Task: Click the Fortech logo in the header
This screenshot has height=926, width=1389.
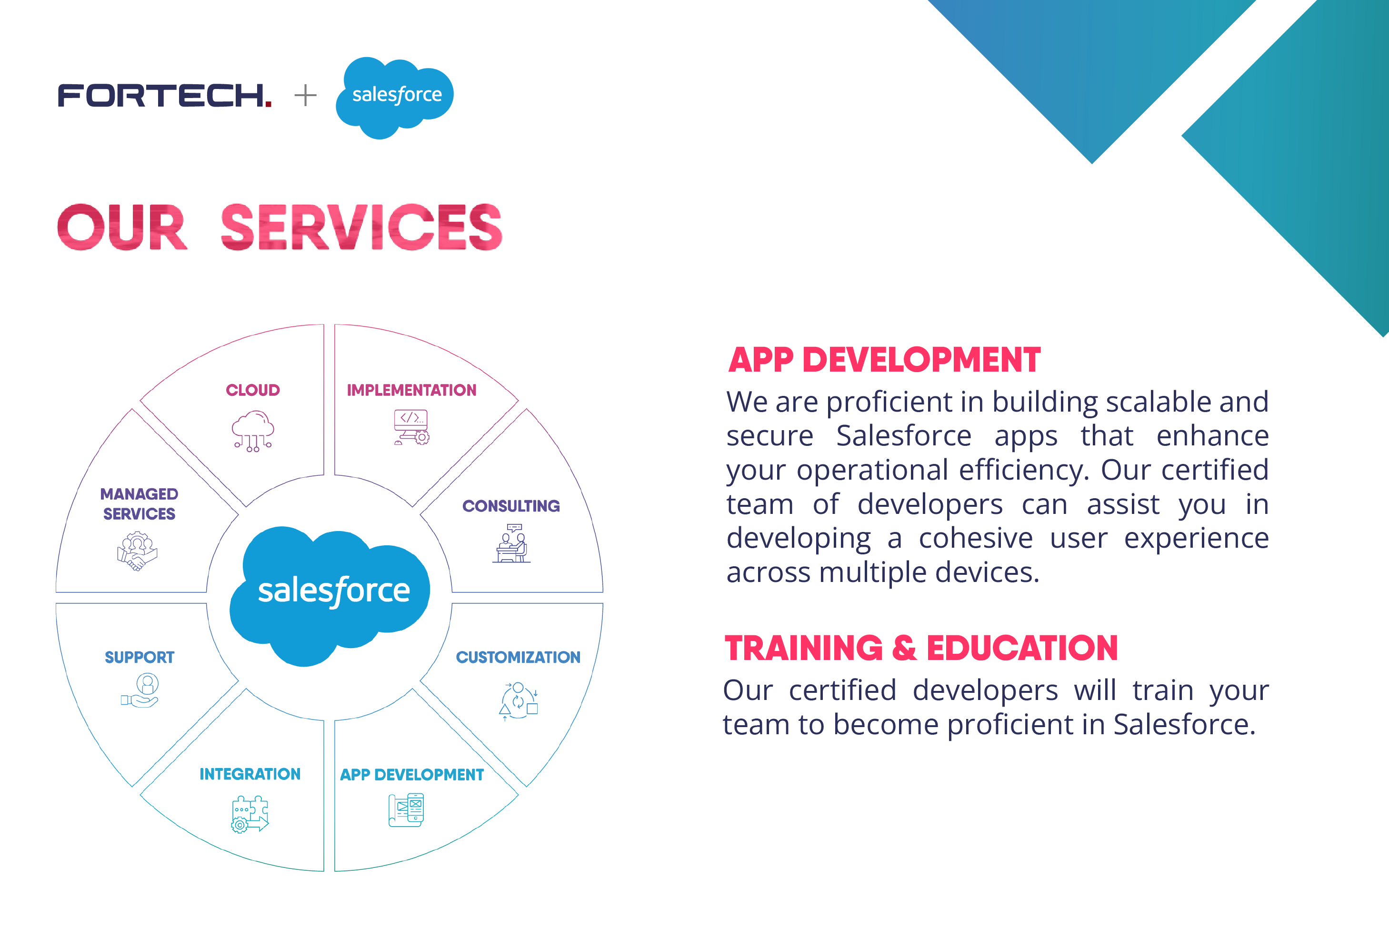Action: pyautogui.click(x=164, y=95)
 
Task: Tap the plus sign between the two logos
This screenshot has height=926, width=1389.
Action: pyautogui.click(x=305, y=95)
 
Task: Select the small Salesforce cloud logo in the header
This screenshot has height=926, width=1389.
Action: pyautogui.click(x=394, y=96)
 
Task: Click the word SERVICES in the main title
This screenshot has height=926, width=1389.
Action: pyautogui.click(x=361, y=227)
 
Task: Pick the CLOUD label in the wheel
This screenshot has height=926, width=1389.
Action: pyautogui.click(x=253, y=390)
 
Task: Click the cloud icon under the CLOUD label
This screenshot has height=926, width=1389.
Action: pyautogui.click(x=253, y=431)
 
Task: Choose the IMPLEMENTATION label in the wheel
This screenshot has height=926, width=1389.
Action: pyautogui.click(x=411, y=390)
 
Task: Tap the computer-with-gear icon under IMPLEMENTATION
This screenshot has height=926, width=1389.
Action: pyautogui.click(x=411, y=427)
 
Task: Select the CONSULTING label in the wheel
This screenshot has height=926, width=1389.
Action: pyautogui.click(x=511, y=506)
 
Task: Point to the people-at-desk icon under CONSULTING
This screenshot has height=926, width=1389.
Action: pyautogui.click(x=511, y=544)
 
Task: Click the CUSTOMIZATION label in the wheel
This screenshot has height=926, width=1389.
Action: pyautogui.click(x=518, y=657)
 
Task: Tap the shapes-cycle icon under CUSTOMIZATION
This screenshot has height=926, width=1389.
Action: pyautogui.click(x=518, y=701)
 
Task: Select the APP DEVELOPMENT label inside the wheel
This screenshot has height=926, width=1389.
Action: pyautogui.click(x=412, y=774)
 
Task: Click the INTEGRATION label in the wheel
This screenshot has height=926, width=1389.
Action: pyautogui.click(x=250, y=774)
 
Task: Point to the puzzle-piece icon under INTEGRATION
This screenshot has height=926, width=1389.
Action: pyautogui.click(x=250, y=814)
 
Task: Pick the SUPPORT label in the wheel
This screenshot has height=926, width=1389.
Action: pyautogui.click(x=140, y=657)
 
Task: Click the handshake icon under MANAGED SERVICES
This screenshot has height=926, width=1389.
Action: pyautogui.click(x=137, y=551)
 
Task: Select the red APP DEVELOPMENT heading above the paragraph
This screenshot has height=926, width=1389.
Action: pyautogui.click(x=884, y=360)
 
